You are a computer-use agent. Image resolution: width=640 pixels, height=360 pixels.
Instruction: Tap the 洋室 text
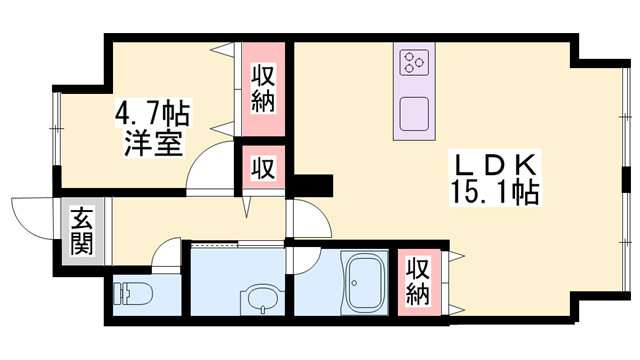click(x=152, y=143)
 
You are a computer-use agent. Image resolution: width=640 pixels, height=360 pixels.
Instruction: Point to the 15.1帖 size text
click(x=498, y=191)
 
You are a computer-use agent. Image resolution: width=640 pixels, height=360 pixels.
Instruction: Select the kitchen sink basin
click(x=413, y=111)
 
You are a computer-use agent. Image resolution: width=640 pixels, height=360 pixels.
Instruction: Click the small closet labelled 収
click(x=263, y=167)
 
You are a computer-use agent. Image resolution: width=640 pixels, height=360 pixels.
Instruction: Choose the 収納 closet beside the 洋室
click(x=263, y=88)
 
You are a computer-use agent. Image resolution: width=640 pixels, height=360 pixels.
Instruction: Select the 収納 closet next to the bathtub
click(x=418, y=281)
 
